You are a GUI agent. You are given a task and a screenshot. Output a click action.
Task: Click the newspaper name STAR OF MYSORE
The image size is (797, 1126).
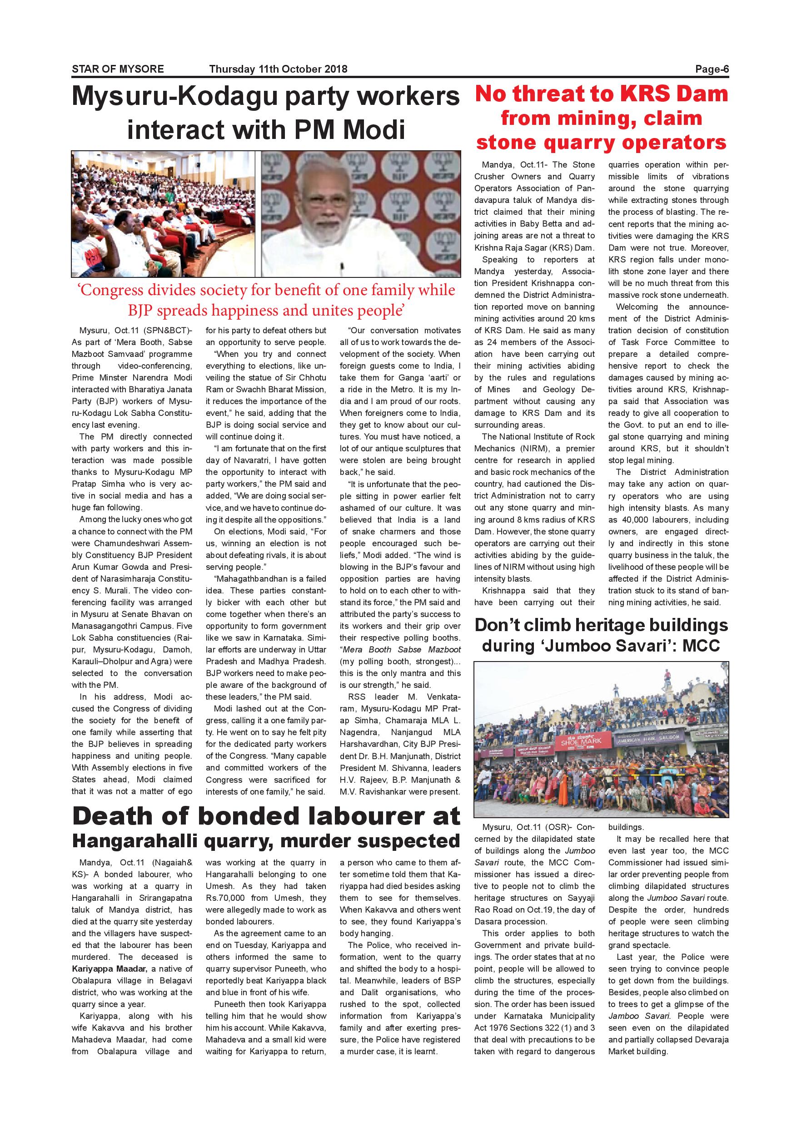118,69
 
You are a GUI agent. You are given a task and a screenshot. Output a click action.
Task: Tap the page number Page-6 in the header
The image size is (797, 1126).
712,69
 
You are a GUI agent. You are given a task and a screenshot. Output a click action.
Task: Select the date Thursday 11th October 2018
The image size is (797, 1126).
278,69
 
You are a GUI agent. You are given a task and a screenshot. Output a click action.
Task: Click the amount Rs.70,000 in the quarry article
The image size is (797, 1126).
225,898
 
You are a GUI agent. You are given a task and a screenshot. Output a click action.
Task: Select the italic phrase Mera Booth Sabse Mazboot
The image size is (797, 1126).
400,650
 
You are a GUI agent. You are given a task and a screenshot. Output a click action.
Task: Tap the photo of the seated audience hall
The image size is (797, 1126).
164,214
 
